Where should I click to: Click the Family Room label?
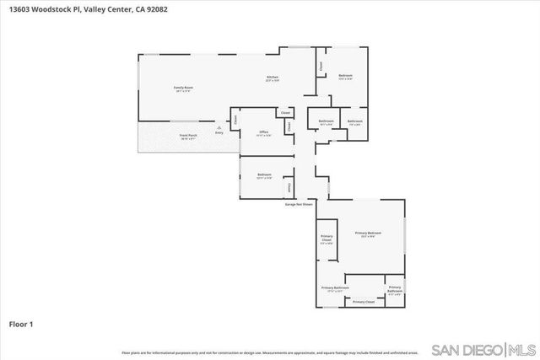point(182,88)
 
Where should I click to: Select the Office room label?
point(263,132)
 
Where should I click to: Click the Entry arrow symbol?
point(219,128)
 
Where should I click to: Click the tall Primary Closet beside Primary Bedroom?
point(327,239)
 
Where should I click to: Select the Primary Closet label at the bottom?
point(364,302)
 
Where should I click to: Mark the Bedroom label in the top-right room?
point(345,76)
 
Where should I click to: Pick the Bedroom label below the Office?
point(264,175)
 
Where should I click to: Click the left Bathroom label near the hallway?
point(327,121)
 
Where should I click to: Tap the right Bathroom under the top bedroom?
point(355,121)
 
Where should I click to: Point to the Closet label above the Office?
point(285,113)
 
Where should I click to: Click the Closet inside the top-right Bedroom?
point(321,65)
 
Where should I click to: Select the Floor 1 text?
point(21,323)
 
